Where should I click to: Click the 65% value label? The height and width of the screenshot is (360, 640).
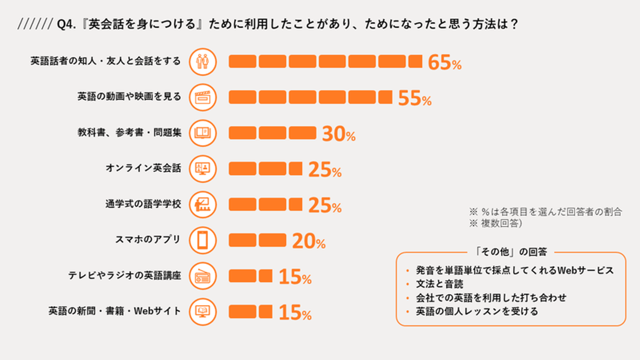pyautogui.click(x=444, y=63)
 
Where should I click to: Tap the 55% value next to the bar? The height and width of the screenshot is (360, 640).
pyautogui.click(x=414, y=98)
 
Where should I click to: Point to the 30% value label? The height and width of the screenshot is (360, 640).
pyautogui.click(x=338, y=134)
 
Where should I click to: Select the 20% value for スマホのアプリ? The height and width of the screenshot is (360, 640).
pyautogui.click(x=308, y=241)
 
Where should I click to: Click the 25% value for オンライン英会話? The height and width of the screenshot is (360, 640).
pyautogui.click(x=324, y=170)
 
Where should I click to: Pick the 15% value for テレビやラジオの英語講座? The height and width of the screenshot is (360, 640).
pyautogui.click(x=295, y=278)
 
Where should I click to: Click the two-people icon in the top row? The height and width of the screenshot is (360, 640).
pyautogui.click(x=203, y=61)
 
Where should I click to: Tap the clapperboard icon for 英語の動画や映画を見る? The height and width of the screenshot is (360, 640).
pyautogui.click(x=203, y=97)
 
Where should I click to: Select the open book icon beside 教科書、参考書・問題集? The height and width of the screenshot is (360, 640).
pyautogui.click(x=203, y=132)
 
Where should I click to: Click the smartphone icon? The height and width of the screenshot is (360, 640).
pyautogui.click(x=203, y=240)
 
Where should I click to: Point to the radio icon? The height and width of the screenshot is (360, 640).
pyautogui.click(x=203, y=276)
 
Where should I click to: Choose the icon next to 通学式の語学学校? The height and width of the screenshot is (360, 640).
pyautogui.click(x=203, y=204)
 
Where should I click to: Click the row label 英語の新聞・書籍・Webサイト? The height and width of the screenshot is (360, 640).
pyautogui.click(x=115, y=311)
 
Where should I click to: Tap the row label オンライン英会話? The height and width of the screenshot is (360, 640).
pyautogui.click(x=143, y=168)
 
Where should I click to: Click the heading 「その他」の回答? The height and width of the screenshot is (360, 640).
pyautogui.click(x=511, y=252)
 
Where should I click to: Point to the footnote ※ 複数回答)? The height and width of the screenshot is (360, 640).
pyautogui.click(x=495, y=224)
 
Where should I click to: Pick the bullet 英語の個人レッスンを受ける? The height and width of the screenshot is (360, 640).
pyautogui.click(x=476, y=311)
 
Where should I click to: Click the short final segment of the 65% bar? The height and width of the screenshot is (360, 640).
pyautogui.click(x=415, y=61)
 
